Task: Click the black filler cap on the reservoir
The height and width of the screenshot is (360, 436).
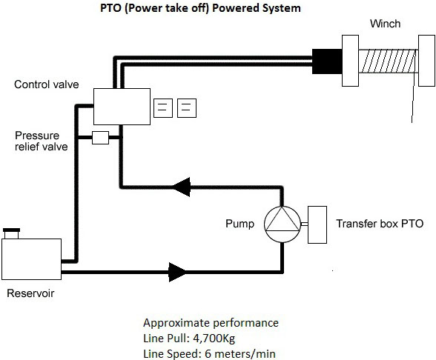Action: coord(11,230)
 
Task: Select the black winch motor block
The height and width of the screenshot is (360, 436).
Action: coord(327,61)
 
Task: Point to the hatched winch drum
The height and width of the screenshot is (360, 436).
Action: coord(389,61)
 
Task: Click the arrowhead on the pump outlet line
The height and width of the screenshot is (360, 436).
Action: coord(182,187)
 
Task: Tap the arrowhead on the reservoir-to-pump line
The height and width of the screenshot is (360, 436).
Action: coord(177,272)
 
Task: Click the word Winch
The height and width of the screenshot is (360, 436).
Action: coord(385,24)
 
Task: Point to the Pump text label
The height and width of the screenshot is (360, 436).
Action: coord(240,224)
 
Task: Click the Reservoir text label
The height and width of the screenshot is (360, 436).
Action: coord(30,293)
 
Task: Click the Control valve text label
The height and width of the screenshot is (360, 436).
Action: coord(47,84)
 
